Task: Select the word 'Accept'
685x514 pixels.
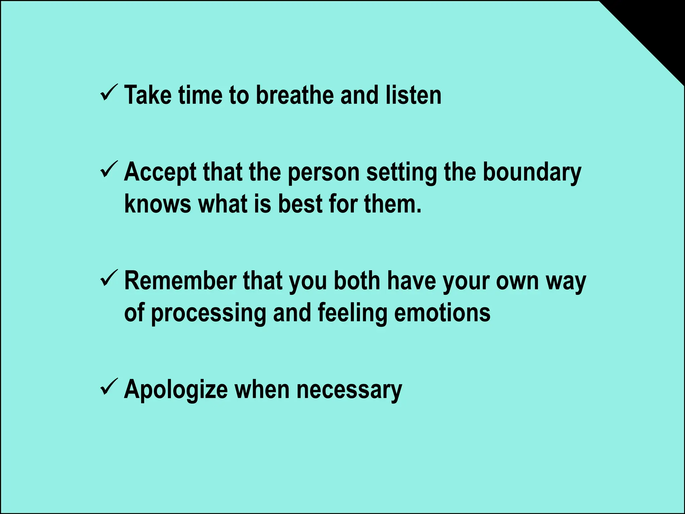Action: coord(160,173)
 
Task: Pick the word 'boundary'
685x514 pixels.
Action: coord(532,173)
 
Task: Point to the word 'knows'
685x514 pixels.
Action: coord(158,204)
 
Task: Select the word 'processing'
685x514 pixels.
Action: coord(208,313)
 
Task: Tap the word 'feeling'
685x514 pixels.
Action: coord(352,313)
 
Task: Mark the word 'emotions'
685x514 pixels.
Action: coord(442,313)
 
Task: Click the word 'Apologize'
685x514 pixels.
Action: coord(176,390)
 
